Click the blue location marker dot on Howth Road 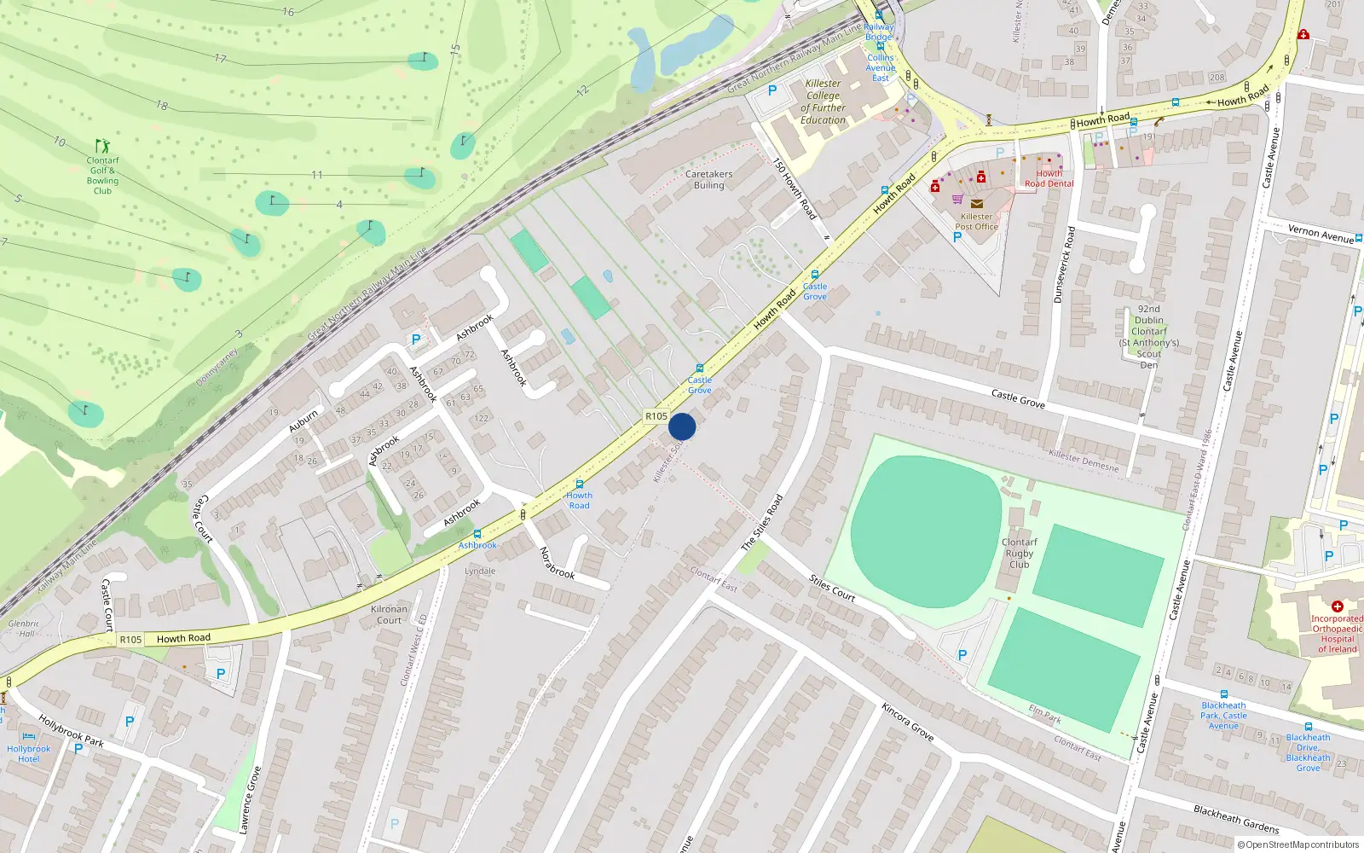click(x=682, y=426)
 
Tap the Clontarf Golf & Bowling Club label click(x=102, y=176)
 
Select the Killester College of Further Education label click(x=823, y=102)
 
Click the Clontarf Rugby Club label click(x=1020, y=553)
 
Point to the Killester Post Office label click(x=977, y=222)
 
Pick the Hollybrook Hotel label click(x=29, y=754)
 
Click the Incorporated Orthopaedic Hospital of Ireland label click(x=1337, y=634)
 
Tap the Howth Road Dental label click(x=1049, y=178)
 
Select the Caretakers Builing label click(x=709, y=179)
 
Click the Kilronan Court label click(x=389, y=614)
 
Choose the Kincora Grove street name click(x=908, y=722)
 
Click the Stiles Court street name click(x=831, y=589)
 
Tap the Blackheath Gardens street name click(x=1236, y=819)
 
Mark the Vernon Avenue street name click(x=1321, y=233)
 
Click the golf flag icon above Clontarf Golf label click(x=103, y=146)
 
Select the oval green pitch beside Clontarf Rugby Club click(x=926, y=520)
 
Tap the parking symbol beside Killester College click(x=772, y=90)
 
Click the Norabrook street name click(x=558, y=563)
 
